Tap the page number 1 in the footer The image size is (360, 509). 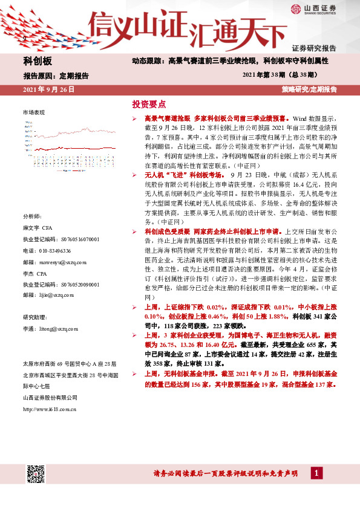pyautogui.click(x=316, y=472)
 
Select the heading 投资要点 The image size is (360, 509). pyautogui.click(x=148, y=104)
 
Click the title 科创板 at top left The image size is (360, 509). pyautogui.click(x=38, y=61)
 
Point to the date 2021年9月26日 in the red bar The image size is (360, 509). pyautogui.click(x=48, y=89)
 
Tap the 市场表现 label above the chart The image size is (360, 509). pyautogui.click(x=34, y=112)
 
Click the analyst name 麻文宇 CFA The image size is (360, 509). pyautogui.click(x=38, y=228)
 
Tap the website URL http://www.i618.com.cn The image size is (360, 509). pyautogui.click(x=49, y=409)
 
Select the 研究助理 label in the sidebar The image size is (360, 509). pyautogui.click(x=33, y=317)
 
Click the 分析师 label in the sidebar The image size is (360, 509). pyautogui.click(x=30, y=216)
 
